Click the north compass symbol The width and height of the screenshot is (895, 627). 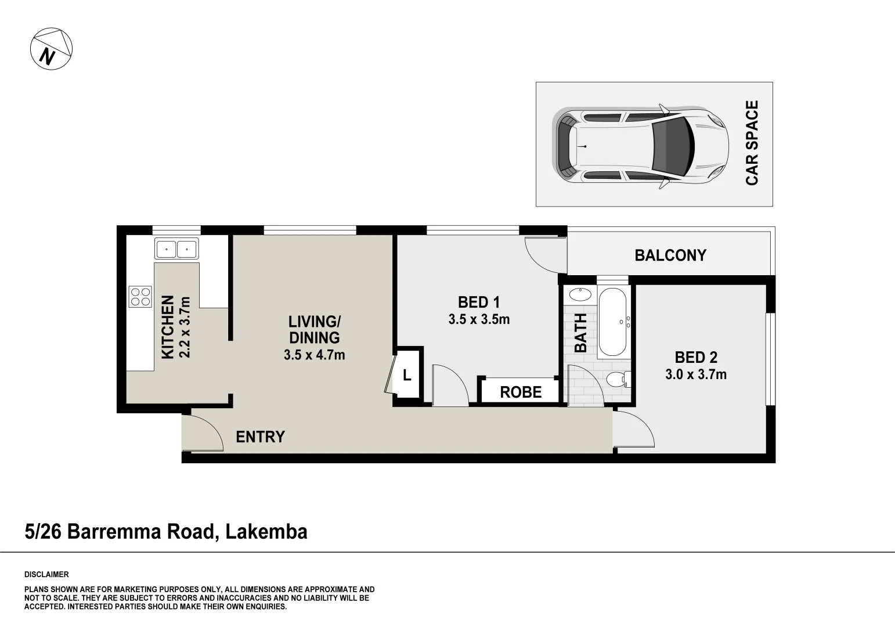[51, 48]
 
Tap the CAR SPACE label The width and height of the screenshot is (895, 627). [752, 143]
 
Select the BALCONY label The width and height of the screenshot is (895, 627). [670, 255]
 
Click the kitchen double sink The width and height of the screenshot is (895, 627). [176, 248]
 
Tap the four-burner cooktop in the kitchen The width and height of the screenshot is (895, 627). [140, 297]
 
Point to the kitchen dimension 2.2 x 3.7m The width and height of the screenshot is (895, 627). [185, 327]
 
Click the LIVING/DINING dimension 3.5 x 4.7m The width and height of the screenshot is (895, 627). [314, 355]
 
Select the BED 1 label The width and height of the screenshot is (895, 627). [479, 302]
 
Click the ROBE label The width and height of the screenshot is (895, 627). [521, 392]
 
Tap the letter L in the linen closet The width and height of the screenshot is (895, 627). [407, 376]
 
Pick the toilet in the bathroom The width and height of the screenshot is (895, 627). [616, 380]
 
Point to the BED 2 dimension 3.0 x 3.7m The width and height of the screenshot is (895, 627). [695, 374]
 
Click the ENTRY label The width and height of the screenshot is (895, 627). [260, 437]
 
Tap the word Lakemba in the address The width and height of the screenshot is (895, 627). [266, 531]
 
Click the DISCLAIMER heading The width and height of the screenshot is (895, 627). [46, 575]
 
